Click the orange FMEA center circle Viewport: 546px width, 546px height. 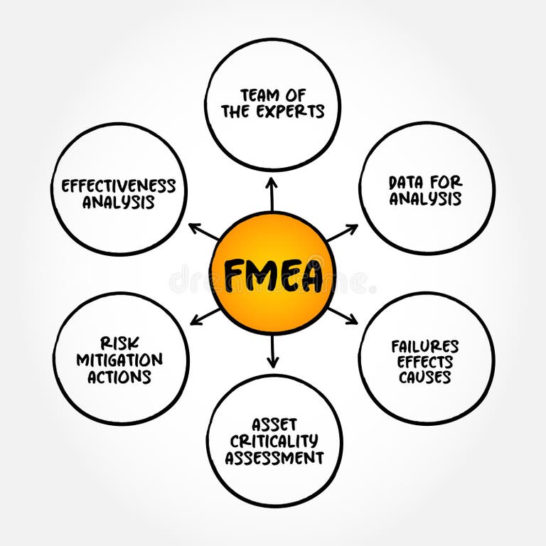point(272,274)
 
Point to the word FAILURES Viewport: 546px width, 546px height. point(425,346)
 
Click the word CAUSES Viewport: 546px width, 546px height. point(425,378)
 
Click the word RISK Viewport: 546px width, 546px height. point(119,343)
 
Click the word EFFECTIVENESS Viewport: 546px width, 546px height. point(118,186)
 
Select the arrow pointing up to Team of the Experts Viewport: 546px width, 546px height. point(271,193)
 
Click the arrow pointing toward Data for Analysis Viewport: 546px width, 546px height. point(342,232)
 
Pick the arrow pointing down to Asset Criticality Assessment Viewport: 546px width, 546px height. point(272,352)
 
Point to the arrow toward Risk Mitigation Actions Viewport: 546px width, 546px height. point(205,316)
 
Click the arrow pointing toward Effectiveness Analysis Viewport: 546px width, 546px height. point(203,232)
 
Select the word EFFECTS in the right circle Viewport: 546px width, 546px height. point(425,362)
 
